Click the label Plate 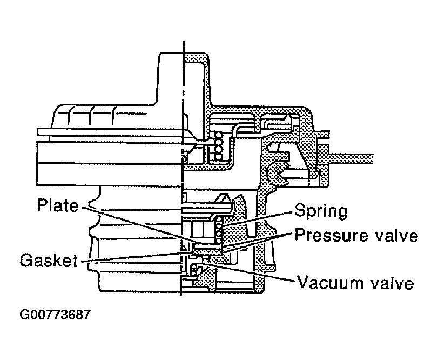58,206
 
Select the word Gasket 48,261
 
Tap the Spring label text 321,210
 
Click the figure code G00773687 54,315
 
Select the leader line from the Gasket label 135,257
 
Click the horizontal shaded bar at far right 351,157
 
